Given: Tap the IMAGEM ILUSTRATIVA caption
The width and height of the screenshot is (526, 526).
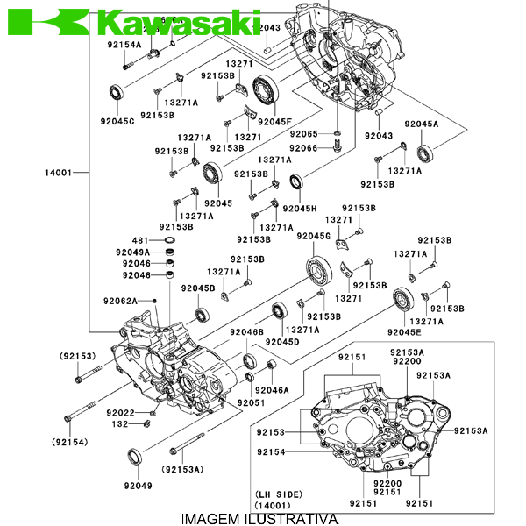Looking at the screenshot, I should (259, 518).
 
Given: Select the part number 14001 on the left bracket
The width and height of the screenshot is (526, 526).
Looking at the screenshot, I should (58, 173).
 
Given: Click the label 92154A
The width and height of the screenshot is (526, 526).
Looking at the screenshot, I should (124, 44).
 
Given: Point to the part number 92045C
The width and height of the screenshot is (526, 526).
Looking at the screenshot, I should (117, 121).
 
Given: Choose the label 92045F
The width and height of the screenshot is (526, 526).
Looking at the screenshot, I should (274, 121).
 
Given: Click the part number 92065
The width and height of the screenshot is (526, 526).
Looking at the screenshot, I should (303, 133).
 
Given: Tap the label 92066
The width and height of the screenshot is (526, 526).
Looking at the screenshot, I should (303, 148).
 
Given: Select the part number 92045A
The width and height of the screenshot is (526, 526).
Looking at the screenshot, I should (421, 124).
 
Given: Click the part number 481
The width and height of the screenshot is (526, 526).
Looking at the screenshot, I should (140, 240).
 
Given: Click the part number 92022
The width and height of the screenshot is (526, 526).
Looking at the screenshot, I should (121, 412).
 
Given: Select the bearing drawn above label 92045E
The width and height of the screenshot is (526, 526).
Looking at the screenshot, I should (404, 300).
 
